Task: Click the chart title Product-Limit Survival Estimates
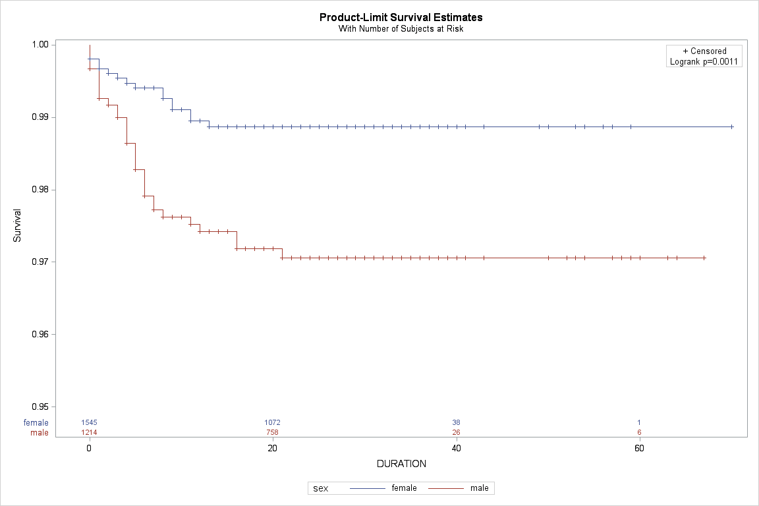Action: (401, 17)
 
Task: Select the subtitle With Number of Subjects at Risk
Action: (401, 28)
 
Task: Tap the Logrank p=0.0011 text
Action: (704, 61)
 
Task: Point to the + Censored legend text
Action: (704, 51)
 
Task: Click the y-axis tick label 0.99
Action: (41, 117)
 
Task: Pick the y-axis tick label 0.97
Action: (41, 262)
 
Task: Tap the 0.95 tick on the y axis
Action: (41, 407)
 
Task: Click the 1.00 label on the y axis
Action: (41, 45)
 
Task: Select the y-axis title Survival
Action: (17, 225)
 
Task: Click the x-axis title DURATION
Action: (401, 464)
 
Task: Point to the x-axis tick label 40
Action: (456, 449)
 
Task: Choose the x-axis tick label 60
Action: (640, 449)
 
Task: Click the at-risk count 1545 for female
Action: (89, 423)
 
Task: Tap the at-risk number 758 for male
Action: (273, 432)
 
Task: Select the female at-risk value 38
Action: (456, 423)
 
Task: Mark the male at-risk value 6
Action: (640, 432)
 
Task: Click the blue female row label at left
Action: (36, 423)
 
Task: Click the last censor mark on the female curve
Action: (732, 127)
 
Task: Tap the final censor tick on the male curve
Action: (704, 258)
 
